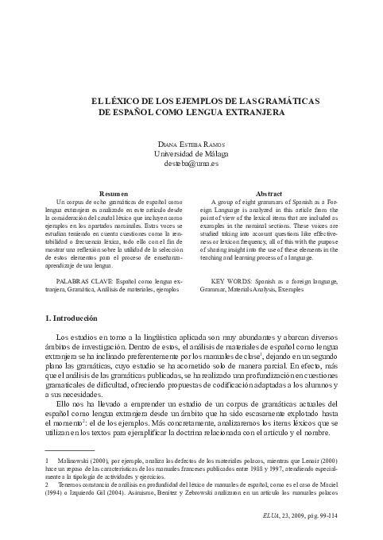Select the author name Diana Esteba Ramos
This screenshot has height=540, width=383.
(x=191, y=143)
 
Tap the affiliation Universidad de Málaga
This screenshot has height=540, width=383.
(x=191, y=153)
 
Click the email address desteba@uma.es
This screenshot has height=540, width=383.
(x=191, y=164)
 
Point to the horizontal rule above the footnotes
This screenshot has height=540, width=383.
(x=70, y=472)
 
